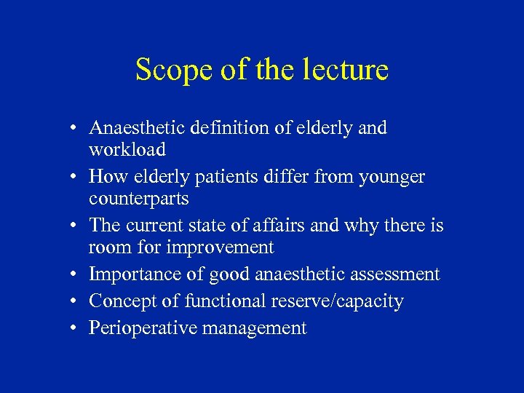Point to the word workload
(x=127, y=150)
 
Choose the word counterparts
(x=138, y=199)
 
